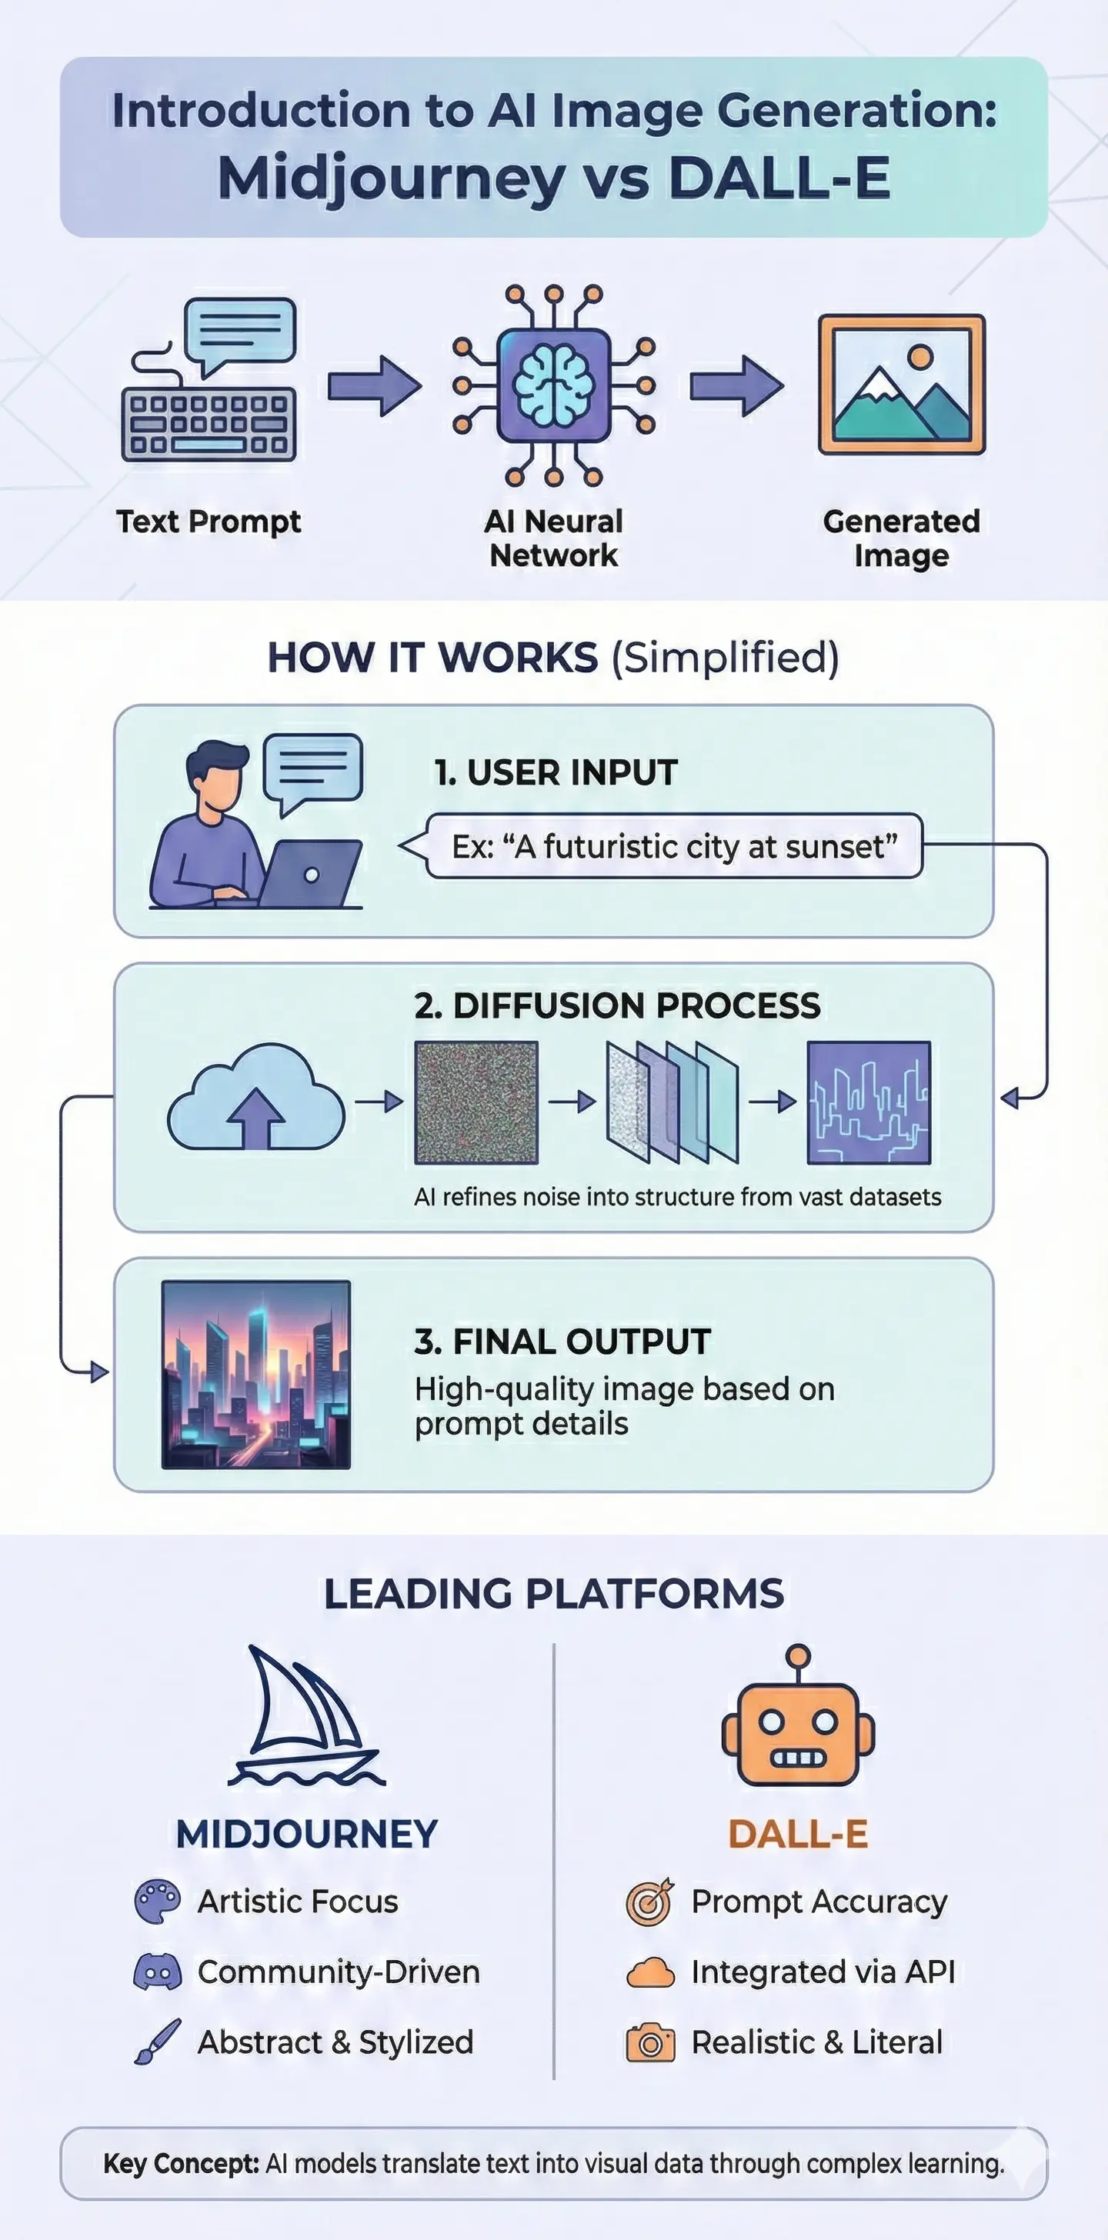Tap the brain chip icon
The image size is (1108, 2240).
(553, 385)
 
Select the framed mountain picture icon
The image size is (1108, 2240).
(901, 385)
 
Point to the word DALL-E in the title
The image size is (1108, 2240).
(779, 178)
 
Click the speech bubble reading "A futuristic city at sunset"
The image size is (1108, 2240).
(673, 846)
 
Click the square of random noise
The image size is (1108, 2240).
(476, 1102)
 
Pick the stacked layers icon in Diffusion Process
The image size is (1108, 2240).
(672, 1102)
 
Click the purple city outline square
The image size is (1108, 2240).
(869, 1102)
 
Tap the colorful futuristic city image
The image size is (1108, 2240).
(256, 1375)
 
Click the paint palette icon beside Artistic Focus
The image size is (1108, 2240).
(158, 1902)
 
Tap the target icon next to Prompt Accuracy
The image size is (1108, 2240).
(649, 1902)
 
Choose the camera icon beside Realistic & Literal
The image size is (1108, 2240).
(649, 2042)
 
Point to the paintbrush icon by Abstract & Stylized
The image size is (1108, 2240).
(158, 2041)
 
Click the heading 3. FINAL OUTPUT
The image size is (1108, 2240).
(562, 1342)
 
